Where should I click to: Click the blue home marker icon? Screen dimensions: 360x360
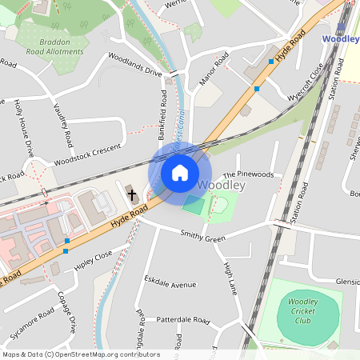click(180, 173)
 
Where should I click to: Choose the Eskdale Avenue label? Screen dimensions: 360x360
click(170, 284)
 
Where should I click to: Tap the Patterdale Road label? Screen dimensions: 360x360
click(182, 321)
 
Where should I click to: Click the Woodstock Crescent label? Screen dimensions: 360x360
click(86, 156)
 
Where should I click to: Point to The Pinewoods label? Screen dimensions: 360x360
click(248, 174)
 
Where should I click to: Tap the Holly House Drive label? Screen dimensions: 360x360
click(24, 128)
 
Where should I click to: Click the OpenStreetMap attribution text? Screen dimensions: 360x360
click(81, 354)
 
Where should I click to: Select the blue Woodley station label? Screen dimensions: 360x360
click(339, 38)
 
